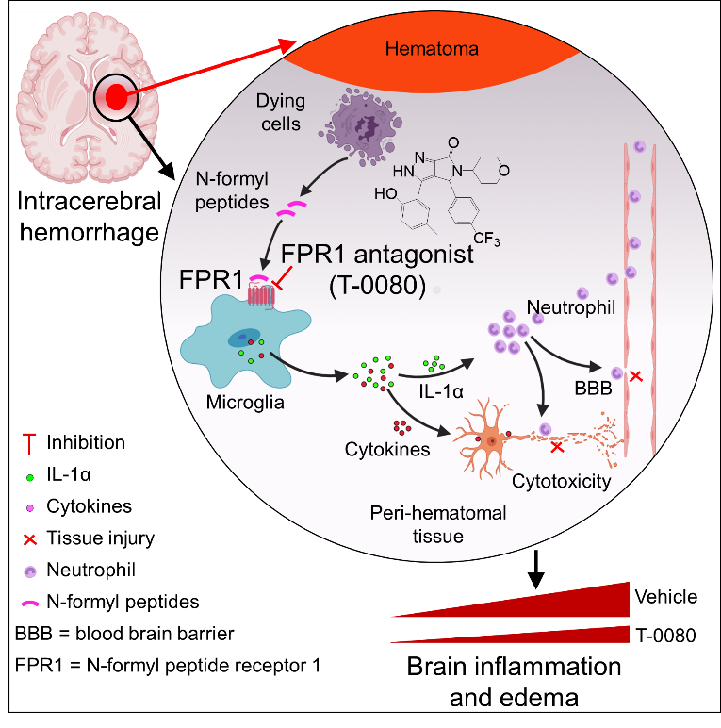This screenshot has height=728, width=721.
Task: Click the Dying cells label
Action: click(278, 110)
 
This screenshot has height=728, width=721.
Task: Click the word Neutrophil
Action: click(571, 307)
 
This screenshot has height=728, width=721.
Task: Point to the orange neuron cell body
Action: click(490, 439)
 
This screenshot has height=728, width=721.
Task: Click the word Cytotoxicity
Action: click(561, 482)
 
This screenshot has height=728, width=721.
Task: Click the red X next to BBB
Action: click(636, 376)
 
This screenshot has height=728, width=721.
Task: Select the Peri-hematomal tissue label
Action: click(438, 524)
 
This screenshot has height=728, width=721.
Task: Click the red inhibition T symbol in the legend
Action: click(30, 441)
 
